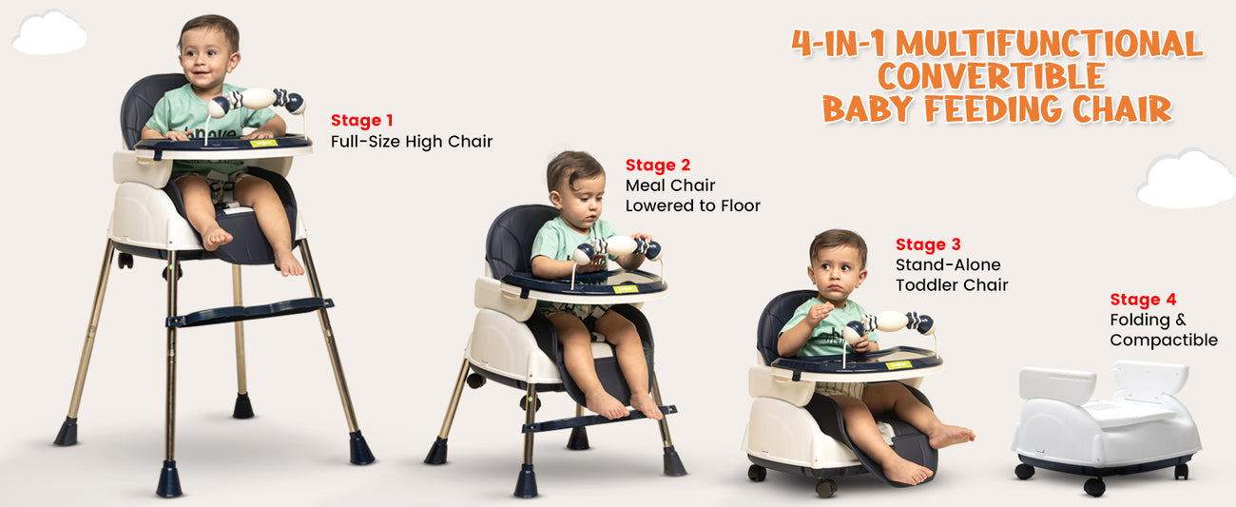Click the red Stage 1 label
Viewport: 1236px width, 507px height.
click(x=361, y=121)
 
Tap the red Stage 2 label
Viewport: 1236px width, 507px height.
click(x=658, y=166)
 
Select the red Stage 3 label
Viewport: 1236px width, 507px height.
click(x=928, y=244)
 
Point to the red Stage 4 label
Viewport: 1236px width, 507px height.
click(x=1143, y=300)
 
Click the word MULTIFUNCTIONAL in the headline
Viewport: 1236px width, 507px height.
click(x=1049, y=44)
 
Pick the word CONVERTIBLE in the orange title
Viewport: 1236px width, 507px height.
click(x=992, y=76)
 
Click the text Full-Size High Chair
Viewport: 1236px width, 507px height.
click(x=412, y=142)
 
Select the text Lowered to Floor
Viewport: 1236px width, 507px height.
click(x=693, y=205)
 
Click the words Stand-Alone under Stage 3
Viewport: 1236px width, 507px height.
click(x=948, y=264)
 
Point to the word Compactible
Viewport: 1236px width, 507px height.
click(x=1164, y=341)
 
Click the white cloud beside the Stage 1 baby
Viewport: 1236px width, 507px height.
click(x=48, y=33)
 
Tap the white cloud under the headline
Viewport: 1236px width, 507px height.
click(x=1187, y=179)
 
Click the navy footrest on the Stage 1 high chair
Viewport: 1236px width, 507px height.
click(x=249, y=311)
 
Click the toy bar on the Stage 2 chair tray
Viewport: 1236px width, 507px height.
click(x=617, y=248)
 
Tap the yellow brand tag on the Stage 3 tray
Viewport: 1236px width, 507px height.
click(x=898, y=365)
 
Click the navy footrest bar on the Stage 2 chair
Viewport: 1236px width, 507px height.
click(x=599, y=419)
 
